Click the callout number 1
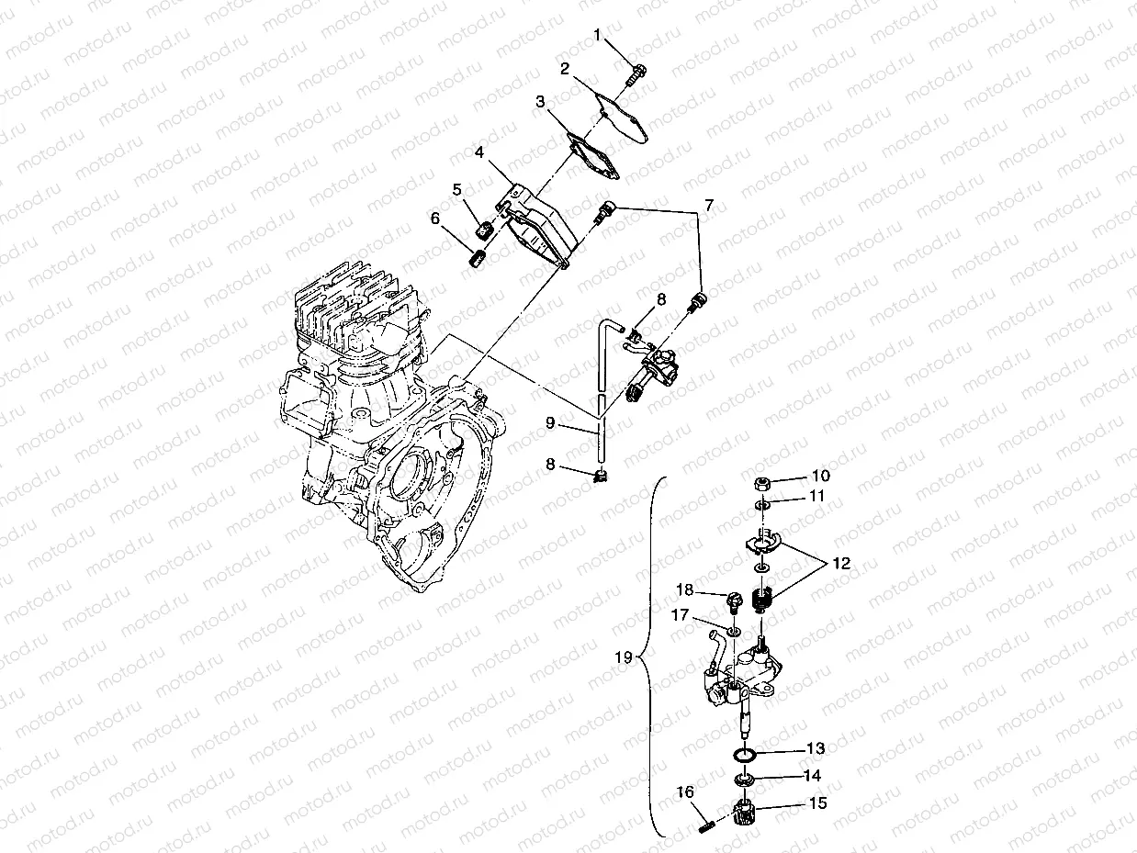[x=598, y=36]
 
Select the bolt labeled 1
[x=633, y=73]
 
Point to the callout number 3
[x=541, y=101]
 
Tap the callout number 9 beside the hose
[x=576, y=423]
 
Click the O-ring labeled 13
[x=745, y=755]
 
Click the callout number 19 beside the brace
[x=624, y=657]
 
